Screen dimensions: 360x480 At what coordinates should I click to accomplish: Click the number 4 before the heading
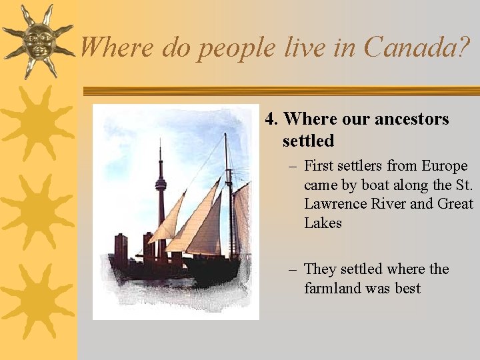click(270, 119)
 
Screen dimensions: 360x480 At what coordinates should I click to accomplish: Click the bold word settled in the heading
click(308, 141)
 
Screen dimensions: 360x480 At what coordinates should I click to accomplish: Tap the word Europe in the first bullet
click(446, 166)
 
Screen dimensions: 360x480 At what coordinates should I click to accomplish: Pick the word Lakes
click(323, 223)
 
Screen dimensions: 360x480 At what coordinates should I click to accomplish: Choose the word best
click(406, 288)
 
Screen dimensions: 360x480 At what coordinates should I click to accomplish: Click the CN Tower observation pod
click(161, 183)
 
